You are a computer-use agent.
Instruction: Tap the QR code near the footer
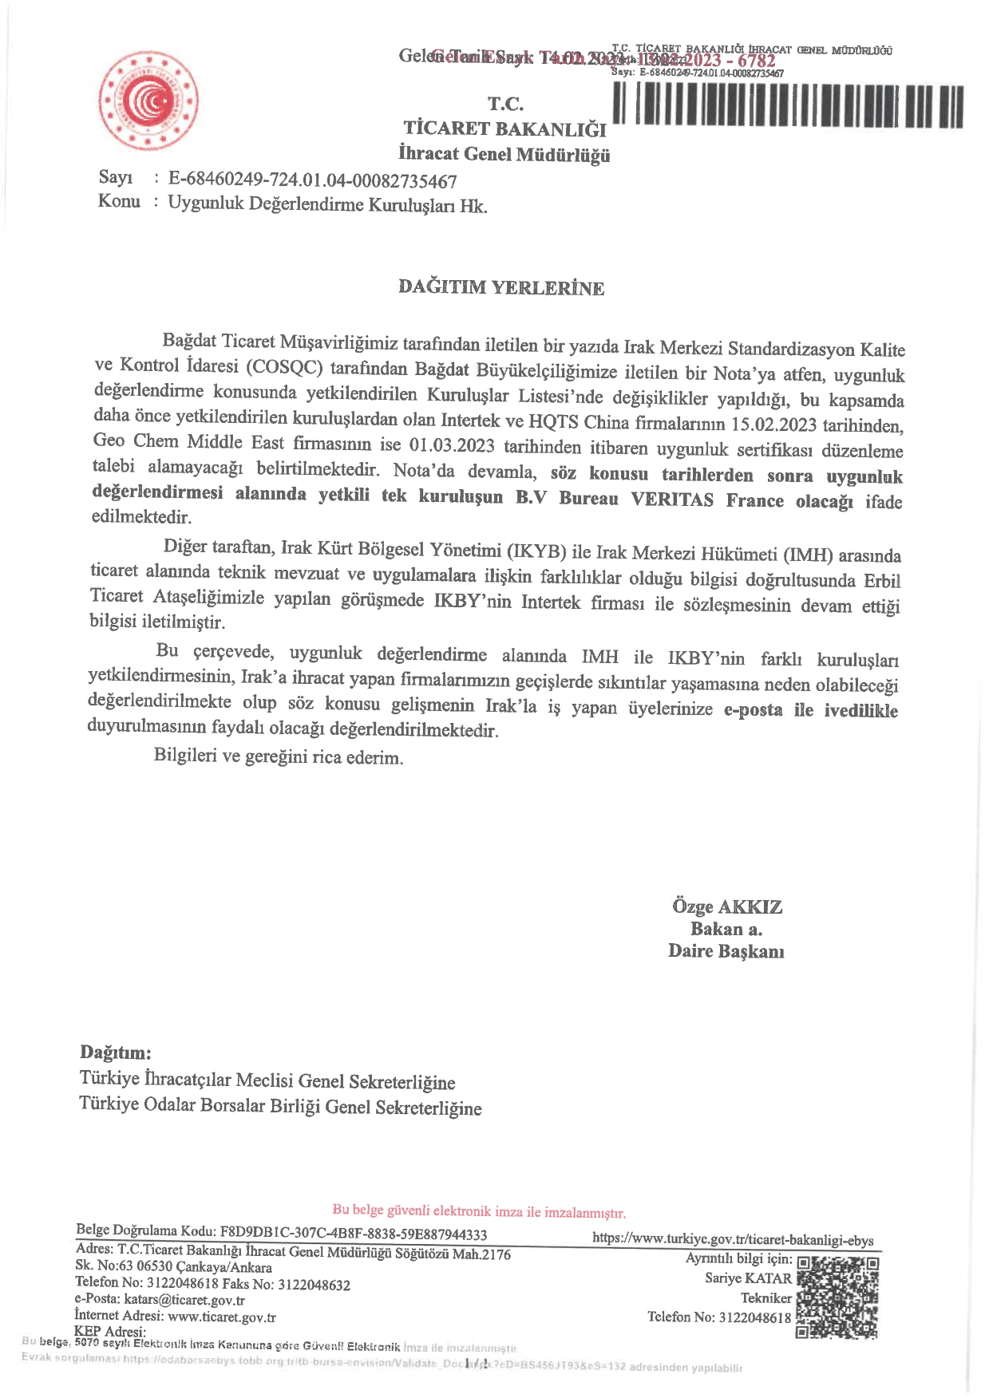[837, 1297]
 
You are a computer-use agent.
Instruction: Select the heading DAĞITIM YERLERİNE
[501, 287]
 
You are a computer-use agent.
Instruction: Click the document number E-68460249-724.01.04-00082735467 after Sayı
[312, 180]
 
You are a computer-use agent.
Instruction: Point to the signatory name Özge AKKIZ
[726, 906]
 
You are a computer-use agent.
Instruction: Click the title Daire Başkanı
[726, 951]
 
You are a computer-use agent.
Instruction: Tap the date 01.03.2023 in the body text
[452, 444]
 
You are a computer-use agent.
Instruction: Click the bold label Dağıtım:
[115, 1052]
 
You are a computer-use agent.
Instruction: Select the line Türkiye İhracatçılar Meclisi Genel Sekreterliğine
[267, 1080]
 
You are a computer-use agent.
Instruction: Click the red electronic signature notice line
[479, 1211]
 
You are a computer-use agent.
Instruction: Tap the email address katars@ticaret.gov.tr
[184, 1300]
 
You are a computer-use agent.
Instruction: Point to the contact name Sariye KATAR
[748, 1278]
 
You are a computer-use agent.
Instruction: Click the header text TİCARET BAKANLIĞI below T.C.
[504, 128]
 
